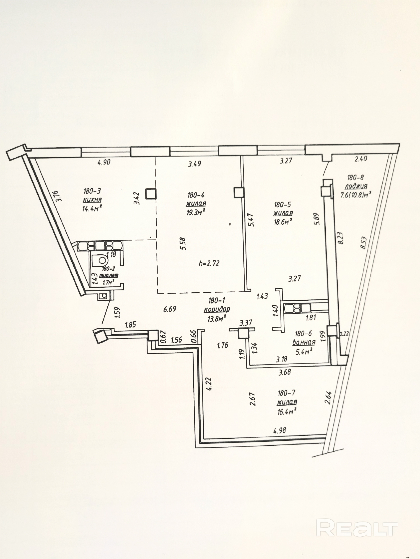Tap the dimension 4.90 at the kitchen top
click(104, 162)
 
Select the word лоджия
click(356, 186)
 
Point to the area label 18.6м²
click(283, 222)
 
